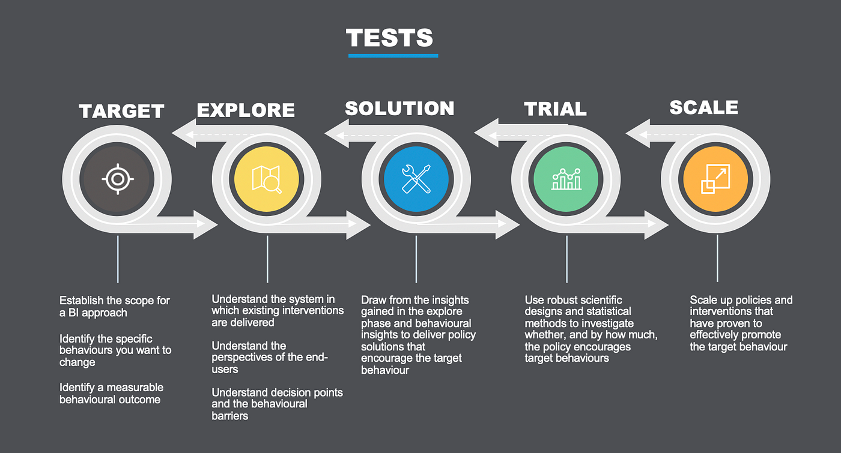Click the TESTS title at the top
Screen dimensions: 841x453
(x=389, y=37)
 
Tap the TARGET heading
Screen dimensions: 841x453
(x=121, y=112)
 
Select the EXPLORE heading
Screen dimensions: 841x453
(x=246, y=110)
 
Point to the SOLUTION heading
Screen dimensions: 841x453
(x=399, y=109)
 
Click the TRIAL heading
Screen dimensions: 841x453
(x=555, y=109)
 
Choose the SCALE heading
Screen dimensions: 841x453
(x=703, y=107)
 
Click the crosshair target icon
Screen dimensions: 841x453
(x=118, y=179)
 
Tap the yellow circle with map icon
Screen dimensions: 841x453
(x=267, y=179)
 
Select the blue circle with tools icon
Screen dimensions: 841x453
(x=416, y=179)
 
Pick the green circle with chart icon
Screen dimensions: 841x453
(x=566, y=179)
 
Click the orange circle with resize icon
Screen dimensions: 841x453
(x=715, y=179)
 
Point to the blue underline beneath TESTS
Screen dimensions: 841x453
(x=393, y=56)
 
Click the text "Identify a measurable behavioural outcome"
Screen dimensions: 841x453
(x=111, y=393)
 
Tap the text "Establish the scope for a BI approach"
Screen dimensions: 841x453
(x=114, y=306)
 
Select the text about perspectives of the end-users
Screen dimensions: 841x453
(x=269, y=358)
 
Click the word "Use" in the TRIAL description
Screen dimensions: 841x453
(x=535, y=300)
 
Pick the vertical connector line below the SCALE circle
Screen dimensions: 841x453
(x=717, y=258)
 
